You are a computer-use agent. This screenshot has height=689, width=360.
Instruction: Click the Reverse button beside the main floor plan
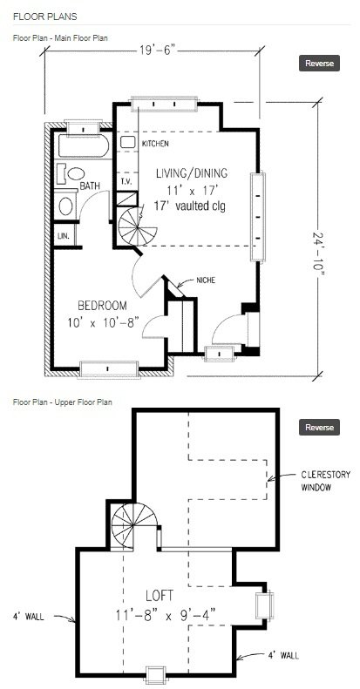coord(320,63)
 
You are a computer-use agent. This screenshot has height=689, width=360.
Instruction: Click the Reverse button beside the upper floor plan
coord(320,427)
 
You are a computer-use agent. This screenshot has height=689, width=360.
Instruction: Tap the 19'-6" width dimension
coord(158,51)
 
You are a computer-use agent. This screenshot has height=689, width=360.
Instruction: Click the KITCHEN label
coord(155,144)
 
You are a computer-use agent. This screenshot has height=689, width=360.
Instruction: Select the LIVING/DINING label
coord(192,173)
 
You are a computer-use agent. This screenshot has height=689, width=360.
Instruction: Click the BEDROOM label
coord(102,306)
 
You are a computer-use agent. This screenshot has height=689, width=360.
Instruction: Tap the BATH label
coord(90,186)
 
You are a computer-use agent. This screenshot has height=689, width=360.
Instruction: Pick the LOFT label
coord(160,596)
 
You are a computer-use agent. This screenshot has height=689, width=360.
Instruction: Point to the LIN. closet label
coord(62,235)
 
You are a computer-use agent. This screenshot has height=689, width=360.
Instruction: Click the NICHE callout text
coord(206,280)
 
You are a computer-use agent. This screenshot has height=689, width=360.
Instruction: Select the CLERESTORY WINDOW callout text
coord(326,481)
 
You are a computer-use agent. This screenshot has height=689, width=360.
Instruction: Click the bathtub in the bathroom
coord(84,145)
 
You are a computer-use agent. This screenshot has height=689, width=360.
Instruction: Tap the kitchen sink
coord(127,142)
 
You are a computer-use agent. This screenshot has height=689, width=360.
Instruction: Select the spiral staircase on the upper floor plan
coord(132,526)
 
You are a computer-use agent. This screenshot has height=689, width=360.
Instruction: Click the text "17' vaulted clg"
coord(190,206)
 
